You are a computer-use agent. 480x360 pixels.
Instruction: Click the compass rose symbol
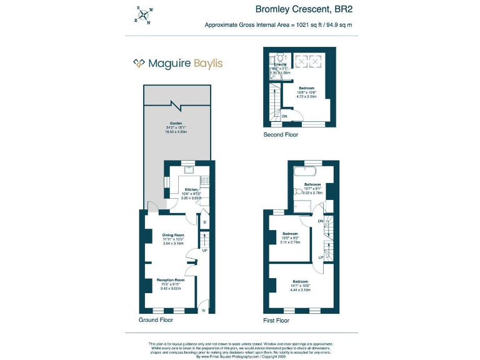142,15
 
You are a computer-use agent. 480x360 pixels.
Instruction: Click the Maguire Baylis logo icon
139,63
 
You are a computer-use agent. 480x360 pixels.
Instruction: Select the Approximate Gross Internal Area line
278,25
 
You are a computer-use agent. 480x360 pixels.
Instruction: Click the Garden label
166,123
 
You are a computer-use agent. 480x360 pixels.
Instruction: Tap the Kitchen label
191,189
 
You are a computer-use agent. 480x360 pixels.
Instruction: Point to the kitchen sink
188,168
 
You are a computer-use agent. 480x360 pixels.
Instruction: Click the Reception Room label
170,280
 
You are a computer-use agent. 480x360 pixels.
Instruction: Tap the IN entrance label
203,310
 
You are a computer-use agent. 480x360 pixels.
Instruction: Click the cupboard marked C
205,222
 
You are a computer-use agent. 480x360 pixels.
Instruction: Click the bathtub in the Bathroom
305,171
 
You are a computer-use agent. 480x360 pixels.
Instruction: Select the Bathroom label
312,185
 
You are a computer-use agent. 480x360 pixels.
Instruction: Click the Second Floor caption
281,134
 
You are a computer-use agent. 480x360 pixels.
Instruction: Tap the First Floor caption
276,321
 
